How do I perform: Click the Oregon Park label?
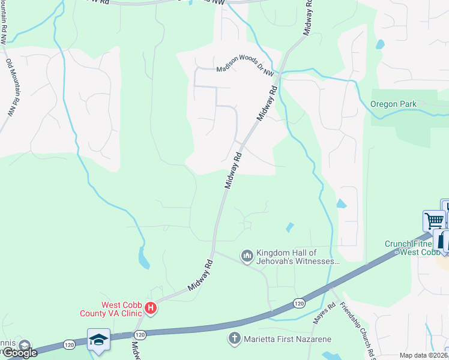tap(393, 104)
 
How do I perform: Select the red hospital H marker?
tap(151, 308)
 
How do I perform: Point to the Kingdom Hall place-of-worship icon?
tap(247, 257)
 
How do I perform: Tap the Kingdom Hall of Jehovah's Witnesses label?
tap(295, 257)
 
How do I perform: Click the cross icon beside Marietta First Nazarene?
tap(235, 339)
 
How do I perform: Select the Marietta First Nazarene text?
tap(288, 339)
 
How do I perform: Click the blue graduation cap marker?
tap(98, 340)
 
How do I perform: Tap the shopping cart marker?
tap(434, 220)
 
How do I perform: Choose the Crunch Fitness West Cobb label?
tap(416, 248)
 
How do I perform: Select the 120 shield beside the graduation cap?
tap(140, 334)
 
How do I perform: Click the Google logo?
tap(19, 352)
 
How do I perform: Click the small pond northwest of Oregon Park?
tap(379, 44)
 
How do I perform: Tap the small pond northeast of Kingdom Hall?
tap(290, 227)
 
